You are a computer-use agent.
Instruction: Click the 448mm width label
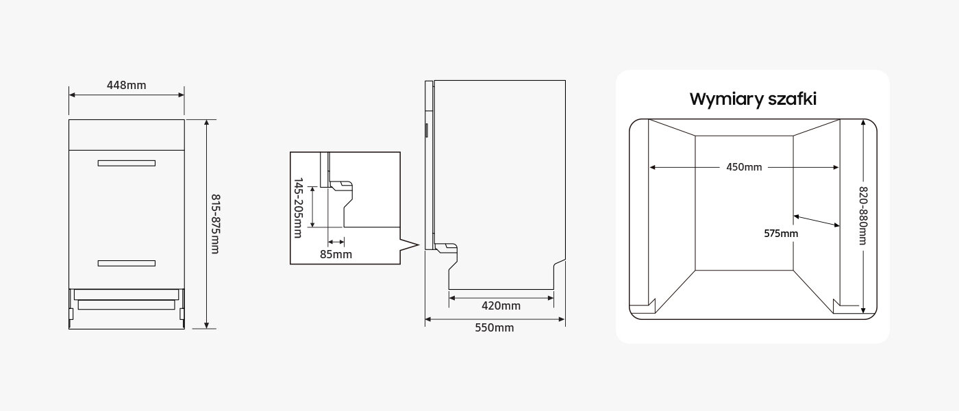[126, 85]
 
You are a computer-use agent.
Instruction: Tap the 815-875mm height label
[215, 224]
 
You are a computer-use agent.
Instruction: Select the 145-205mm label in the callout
[298, 208]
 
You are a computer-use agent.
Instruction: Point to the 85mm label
[336, 254]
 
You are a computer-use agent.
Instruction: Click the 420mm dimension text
[501, 306]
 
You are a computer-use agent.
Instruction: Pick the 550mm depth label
[495, 327]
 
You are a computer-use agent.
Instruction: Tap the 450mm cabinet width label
[744, 167]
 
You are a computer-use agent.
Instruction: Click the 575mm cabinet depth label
[781, 234]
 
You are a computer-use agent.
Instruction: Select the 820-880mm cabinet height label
[863, 216]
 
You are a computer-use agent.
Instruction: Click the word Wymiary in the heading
[726, 99]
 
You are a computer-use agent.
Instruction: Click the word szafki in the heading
[792, 99]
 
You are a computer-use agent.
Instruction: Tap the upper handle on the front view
[127, 163]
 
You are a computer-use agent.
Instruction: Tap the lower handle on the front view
[127, 263]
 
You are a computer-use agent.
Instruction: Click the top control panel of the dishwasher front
[127, 135]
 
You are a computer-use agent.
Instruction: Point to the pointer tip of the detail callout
[418, 245]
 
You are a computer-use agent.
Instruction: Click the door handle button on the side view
[426, 130]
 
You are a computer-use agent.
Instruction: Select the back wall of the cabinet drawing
[744, 203]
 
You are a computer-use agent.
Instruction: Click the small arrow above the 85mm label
[336, 242]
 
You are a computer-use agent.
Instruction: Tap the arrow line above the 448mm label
[127, 95]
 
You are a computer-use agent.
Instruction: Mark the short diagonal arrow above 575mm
[817, 221]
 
